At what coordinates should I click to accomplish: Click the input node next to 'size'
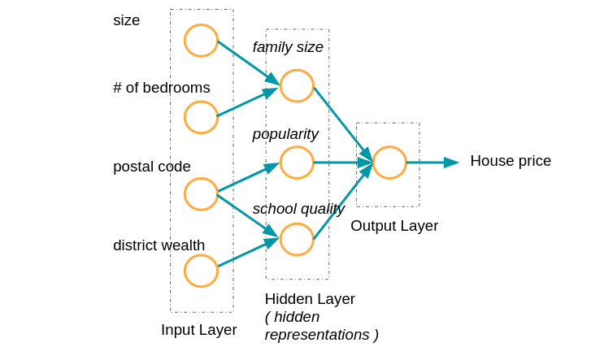(201, 41)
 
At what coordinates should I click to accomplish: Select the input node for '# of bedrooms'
(201, 117)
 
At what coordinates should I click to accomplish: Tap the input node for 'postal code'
(201, 194)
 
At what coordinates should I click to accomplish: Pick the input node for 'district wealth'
(201, 271)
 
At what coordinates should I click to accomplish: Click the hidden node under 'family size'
(297, 85)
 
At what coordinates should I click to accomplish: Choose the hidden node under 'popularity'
(297, 163)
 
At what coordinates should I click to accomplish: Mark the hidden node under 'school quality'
(297, 239)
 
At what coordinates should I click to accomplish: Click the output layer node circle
(389, 163)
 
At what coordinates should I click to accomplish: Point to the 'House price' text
(510, 161)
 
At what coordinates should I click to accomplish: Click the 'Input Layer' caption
(198, 330)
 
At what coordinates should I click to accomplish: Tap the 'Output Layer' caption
(394, 226)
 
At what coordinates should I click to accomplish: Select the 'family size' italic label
(288, 47)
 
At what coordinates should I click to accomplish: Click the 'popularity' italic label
(285, 134)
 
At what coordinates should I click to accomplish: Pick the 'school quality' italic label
(298, 209)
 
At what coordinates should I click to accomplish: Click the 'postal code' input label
(151, 167)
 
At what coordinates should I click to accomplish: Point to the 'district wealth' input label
(159, 245)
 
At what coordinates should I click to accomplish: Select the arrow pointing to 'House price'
(432, 163)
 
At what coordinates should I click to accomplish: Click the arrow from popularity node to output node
(342, 163)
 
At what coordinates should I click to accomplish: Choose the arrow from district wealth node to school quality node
(248, 252)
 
